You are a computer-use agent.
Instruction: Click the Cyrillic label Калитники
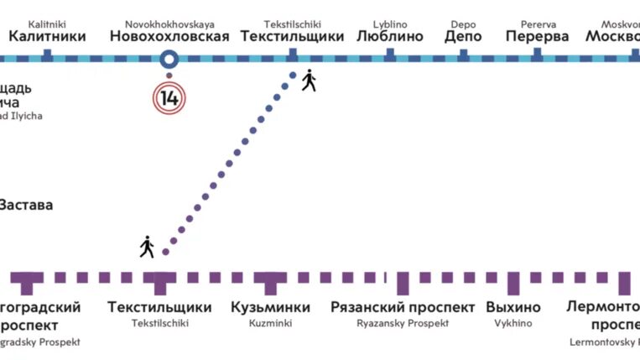tap(47, 37)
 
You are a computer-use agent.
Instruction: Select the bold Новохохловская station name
tap(169, 37)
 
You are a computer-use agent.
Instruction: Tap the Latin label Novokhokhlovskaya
tap(169, 24)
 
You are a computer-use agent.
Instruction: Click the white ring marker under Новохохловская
tap(169, 59)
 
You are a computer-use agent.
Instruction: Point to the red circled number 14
tap(169, 97)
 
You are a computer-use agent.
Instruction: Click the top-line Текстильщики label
tap(292, 37)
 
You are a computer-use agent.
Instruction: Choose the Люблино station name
tap(390, 37)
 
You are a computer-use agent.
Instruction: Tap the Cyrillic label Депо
tap(463, 37)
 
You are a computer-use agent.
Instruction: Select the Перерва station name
tap(537, 37)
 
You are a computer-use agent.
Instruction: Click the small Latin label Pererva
tap(537, 24)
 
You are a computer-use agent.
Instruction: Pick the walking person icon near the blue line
tap(309, 80)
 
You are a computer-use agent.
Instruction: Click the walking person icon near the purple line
tap(148, 247)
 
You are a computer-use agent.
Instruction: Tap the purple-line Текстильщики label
tap(159, 307)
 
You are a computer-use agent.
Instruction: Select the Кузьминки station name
tap(270, 307)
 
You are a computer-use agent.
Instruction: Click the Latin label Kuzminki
tap(270, 322)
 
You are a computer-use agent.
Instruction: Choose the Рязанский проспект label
tap(403, 307)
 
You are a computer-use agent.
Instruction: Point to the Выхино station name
tap(513, 307)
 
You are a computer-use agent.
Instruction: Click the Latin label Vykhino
tap(513, 322)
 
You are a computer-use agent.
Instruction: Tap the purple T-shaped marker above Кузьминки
tap(270, 281)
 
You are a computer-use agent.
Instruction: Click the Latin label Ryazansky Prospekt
tap(403, 322)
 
